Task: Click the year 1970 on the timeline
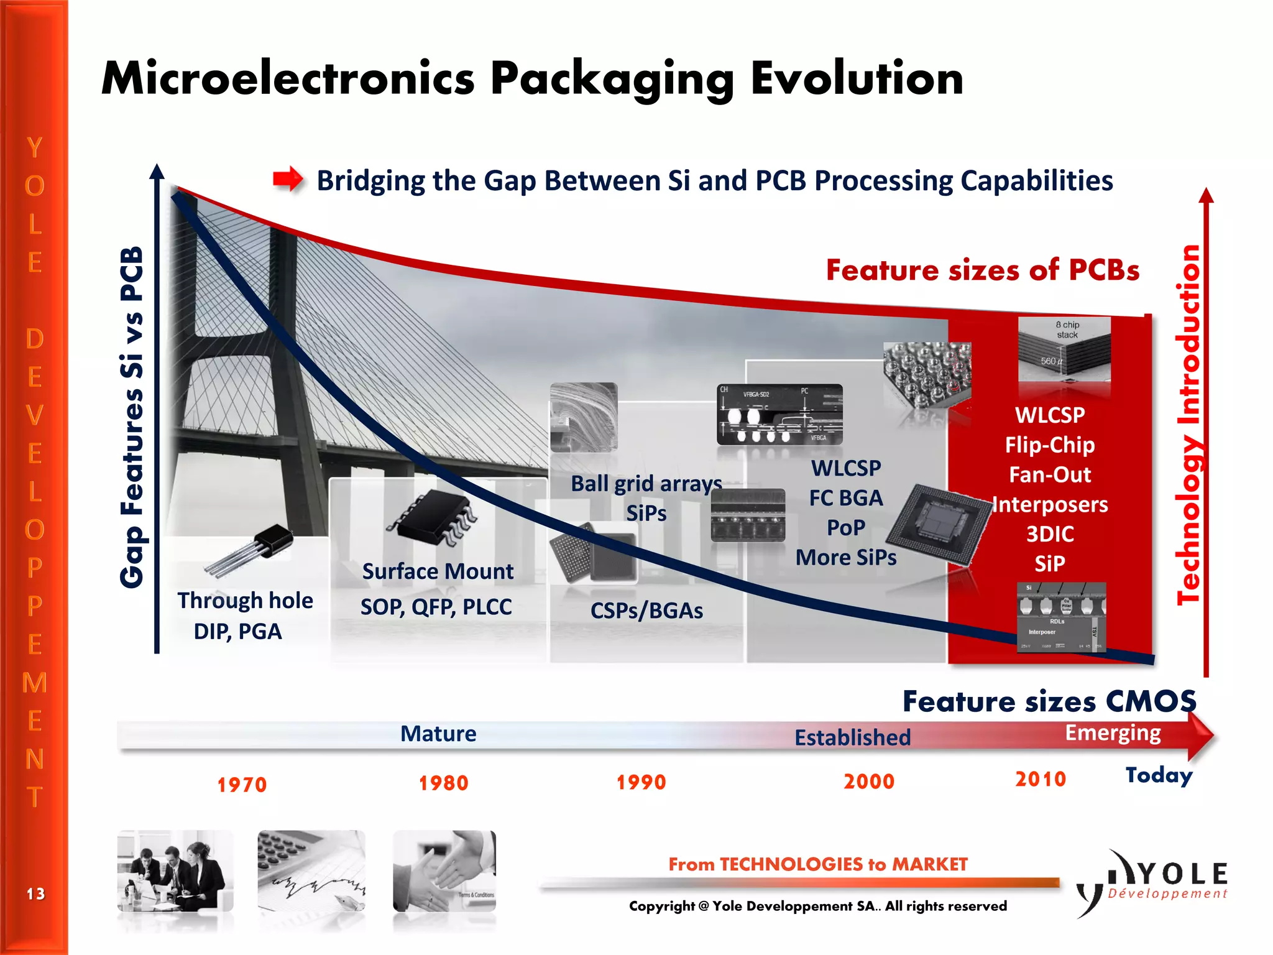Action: click(x=242, y=785)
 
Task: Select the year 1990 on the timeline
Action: click(x=641, y=782)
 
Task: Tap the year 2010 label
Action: click(x=1041, y=779)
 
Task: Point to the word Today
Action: click(x=1159, y=775)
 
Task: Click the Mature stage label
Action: click(x=438, y=734)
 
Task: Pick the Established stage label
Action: click(x=852, y=737)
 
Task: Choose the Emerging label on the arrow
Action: click(x=1113, y=733)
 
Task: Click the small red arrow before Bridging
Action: click(x=288, y=180)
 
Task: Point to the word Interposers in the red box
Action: click(x=1050, y=504)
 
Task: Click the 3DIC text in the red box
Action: click(x=1050, y=534)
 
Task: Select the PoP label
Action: click(x=845, y=528)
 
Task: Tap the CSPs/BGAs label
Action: click(x=646, y=611)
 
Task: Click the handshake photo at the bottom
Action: click(x=444, y=871)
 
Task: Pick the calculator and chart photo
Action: click(x=311, y=871)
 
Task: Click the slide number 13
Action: click(x=35, y=894)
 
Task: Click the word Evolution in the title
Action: click(x=857, y=79)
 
